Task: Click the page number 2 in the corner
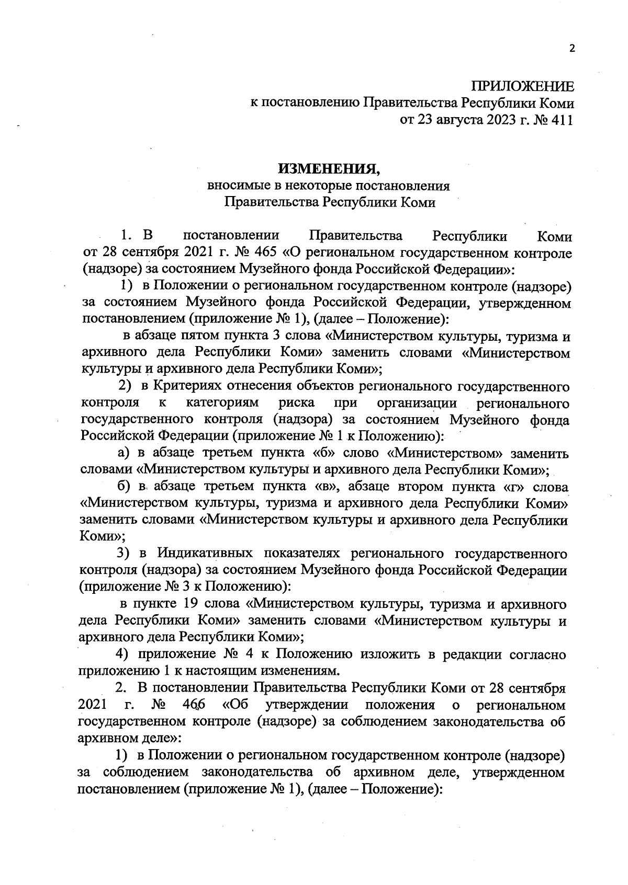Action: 571,49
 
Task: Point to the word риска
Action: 297,403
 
